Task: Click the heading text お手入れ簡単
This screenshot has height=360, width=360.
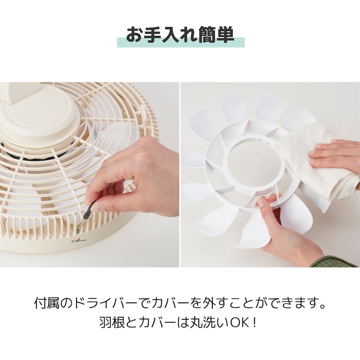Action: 180,35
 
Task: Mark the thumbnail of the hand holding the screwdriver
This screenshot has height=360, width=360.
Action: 98,208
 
